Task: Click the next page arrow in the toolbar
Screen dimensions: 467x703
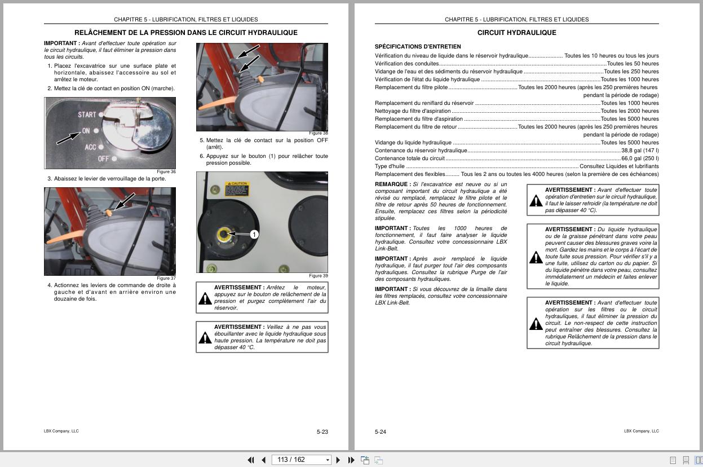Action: coord(338,460)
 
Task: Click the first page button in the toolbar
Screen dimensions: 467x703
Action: coord(251,460)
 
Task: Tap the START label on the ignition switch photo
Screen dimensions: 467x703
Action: coord(87,114)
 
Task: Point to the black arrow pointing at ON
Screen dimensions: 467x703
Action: coord(68,137)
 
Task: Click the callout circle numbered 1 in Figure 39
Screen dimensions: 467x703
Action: coord(254,234)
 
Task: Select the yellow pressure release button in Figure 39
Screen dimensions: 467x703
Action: coord(224,233)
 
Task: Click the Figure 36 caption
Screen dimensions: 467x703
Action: coord(166,172)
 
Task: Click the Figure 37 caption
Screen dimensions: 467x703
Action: coord(166,278)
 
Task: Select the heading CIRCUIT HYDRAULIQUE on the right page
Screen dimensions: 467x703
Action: coord(516,33)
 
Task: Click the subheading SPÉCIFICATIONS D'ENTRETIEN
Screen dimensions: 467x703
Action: coord(418,46)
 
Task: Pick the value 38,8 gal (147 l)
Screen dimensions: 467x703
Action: coord(640,151)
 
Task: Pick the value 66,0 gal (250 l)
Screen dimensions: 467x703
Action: coord(640,158)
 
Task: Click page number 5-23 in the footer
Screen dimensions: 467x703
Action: coord(322,432)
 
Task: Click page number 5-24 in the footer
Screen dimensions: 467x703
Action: coord(381,432)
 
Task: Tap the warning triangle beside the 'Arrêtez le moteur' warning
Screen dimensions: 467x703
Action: coord(205,298)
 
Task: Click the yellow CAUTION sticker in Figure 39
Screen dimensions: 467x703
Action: coord(236,188)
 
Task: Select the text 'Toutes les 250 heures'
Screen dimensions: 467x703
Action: coord(631,72)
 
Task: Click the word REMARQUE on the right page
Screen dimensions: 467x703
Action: coord(391,184)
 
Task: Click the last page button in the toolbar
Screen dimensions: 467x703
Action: coord(351,460)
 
